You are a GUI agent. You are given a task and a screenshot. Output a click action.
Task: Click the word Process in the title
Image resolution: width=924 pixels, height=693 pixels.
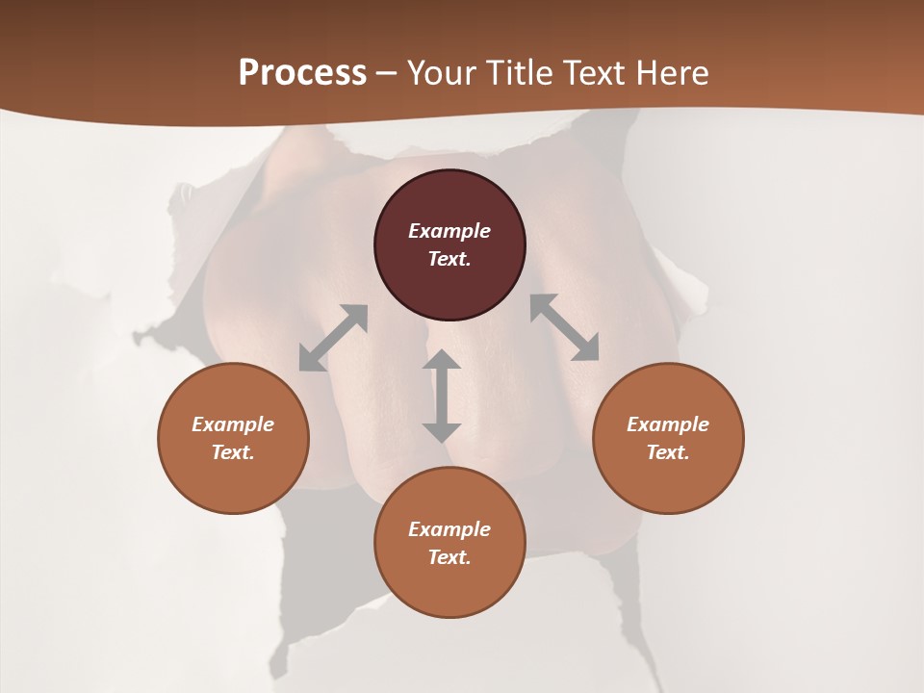pos(302,73)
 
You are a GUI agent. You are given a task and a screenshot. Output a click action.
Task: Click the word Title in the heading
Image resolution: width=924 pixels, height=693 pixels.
pos(520,73)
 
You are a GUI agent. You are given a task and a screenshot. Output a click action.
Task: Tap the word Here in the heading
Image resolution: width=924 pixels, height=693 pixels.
pos(668,73)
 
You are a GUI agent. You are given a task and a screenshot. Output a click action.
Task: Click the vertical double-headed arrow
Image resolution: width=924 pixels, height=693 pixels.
pos(442,396)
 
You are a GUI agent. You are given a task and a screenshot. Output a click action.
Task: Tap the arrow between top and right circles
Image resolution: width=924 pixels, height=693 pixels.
pos(565,327)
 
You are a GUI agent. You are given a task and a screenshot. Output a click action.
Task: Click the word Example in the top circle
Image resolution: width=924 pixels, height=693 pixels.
pos(449,231)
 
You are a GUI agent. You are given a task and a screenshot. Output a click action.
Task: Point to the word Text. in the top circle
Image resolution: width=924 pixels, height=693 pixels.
pos(449,259)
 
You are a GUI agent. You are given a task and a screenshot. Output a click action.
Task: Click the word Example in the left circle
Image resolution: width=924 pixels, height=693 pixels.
pos(233,424)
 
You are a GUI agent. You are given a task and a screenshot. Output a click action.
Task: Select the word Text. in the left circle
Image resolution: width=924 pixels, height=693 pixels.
pos(233,452)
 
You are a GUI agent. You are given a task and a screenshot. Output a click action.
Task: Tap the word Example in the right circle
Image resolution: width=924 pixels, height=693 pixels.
pos(668,424)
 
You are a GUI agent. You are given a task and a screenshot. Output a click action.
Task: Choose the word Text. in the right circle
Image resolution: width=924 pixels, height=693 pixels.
pos(668,452)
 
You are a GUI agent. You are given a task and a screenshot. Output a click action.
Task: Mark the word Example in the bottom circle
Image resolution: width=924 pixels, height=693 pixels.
pos(449,529)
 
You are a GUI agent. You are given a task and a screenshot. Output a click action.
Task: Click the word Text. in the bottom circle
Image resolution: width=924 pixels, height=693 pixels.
pos(449,557)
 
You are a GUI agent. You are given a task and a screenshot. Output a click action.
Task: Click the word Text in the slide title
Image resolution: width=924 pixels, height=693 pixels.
pos(592,73)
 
